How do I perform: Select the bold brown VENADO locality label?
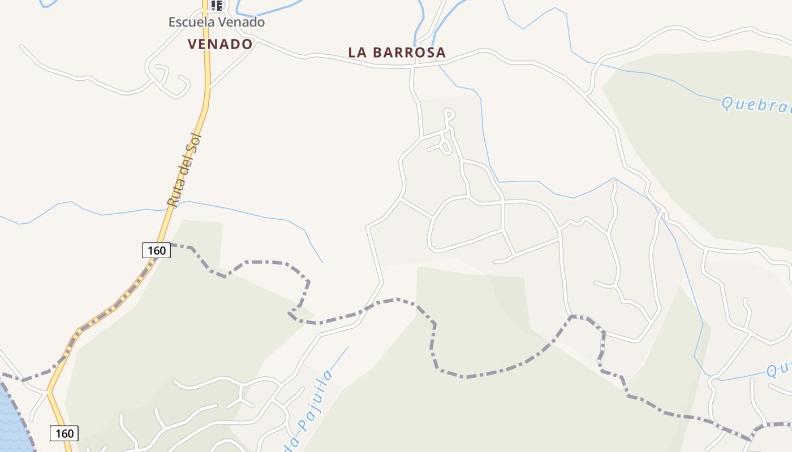click(x=220, y=44)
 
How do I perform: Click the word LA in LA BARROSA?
click(x=358, y=53)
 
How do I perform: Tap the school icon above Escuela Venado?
click(x=216, y=5)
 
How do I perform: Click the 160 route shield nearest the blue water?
click(x=64, y=433)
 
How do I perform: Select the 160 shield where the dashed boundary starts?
click(x=156, y=250)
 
